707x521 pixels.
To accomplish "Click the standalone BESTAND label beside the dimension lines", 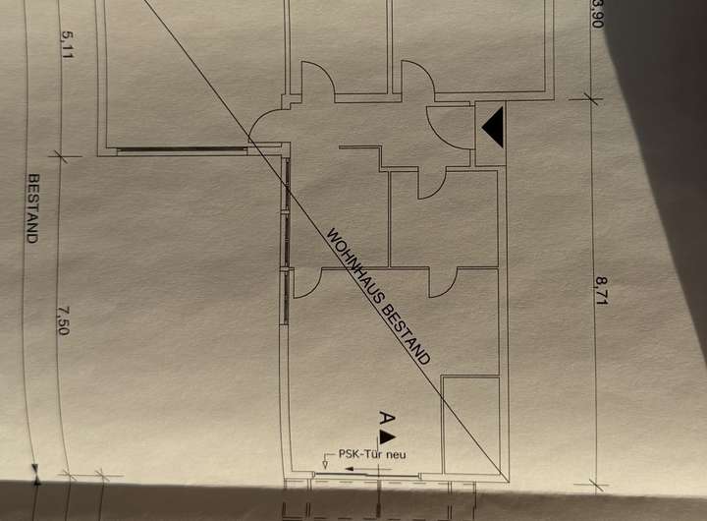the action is (32, 208).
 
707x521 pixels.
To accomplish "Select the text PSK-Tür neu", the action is (371, 454).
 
